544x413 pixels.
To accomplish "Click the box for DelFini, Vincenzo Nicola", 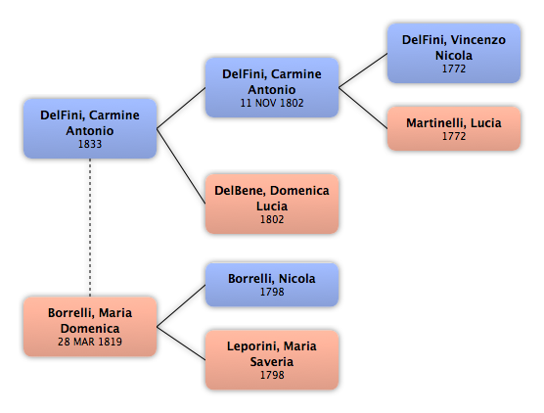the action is pyautogui.click(x=454, y=53).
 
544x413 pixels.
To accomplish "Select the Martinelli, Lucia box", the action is pyautogui.click(x=454, y=128).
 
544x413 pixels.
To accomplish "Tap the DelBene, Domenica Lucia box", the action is pyautogui.click(x=272, y=204).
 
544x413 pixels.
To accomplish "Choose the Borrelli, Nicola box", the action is pyautogui.click(x=272, y=285).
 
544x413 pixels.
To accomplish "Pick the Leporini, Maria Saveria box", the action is pyautogui.click(x=272, y=359).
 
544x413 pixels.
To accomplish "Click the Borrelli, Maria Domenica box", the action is pyautogui.click(x=90, y=326).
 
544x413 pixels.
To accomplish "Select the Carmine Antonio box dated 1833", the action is pyautogui.click(x=90, y=128).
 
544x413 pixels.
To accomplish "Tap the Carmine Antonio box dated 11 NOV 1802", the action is pyautogui.click(x=272, y=87).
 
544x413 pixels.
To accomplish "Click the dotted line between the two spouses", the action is pyautogui.click(x=90, y=227).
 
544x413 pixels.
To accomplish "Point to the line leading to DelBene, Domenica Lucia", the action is pyautogui.click(x=181, y=166).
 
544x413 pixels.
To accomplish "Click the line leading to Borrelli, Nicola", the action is pyautogui.click(x=181, y=305).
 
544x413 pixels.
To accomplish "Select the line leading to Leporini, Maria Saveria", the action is pyautogui.click(x=181, y=343).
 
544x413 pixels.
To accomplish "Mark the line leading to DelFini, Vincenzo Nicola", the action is pyautogui.click(x=363, y=70).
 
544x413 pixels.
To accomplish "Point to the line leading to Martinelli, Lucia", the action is pyautogui.click(x=363, y=108).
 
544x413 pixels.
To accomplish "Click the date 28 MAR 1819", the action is pyautogui.click(x=90, y=342).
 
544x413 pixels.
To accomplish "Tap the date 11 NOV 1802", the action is pyautogui.click(x=272, y=103).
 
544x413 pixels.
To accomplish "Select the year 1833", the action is pyautogui.click(x=90, y=144).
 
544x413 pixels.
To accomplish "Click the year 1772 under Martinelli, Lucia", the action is pyautogui.click(x=454, y=136).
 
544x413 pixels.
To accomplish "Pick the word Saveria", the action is pyautogui.click(x=272, y=362).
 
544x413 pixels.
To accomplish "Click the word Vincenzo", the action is pyautogui.click(x=478, y=40).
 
